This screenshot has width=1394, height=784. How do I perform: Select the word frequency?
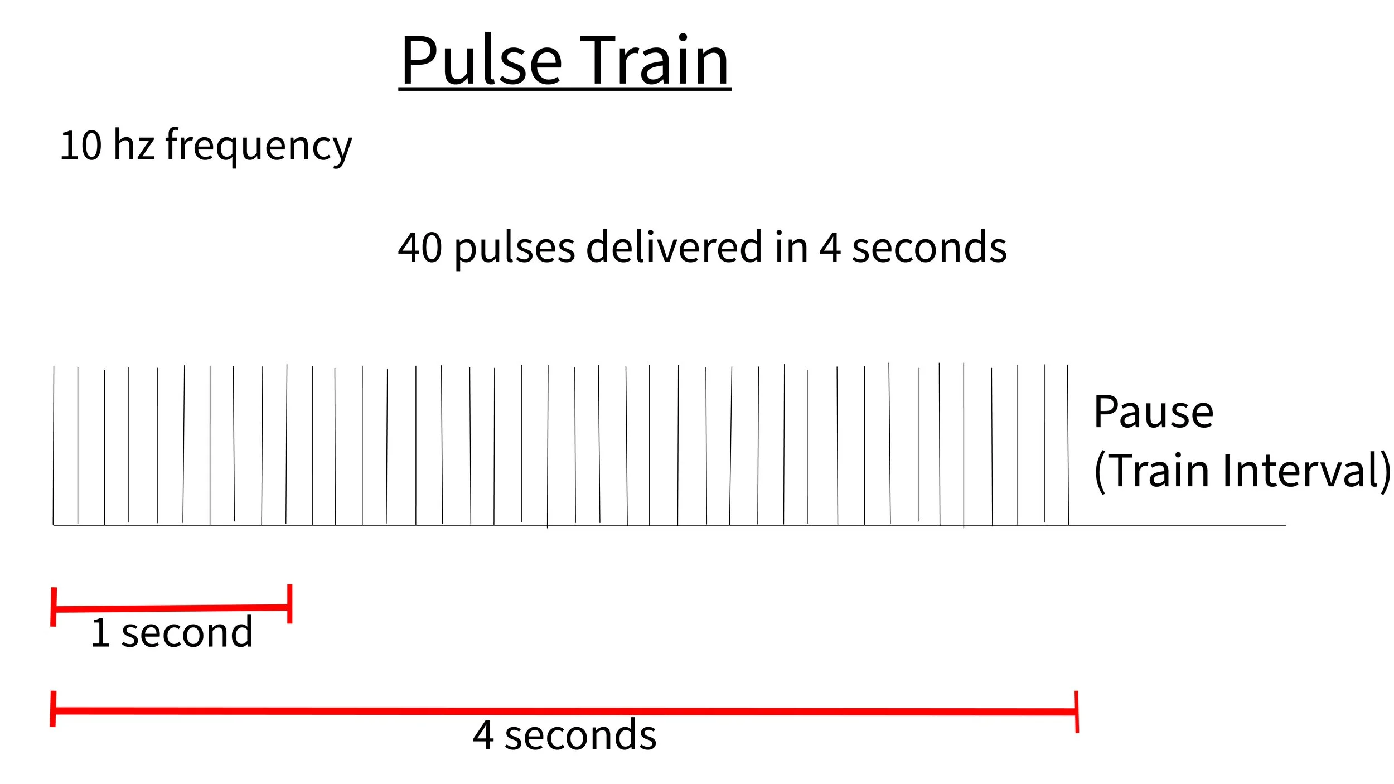pyautogui.click(x=259, y=146)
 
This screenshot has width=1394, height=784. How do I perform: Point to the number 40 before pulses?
pyautogui.click(x=420, y=248)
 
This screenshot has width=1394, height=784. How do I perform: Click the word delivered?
pyautogui.click(x=674, y=248)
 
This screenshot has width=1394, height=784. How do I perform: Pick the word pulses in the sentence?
pyautogui.click(x=514, y=249)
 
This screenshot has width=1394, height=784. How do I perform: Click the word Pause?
pyautogui.click(x=1154, y=413)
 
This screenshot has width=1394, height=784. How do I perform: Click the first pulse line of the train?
pyautogui.click(x=54, y=446)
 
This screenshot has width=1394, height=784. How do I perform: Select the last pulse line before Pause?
pyautogui.click(x=1068, y=446)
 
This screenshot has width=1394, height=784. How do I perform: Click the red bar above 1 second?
pyautogui.click(x=172, y=608)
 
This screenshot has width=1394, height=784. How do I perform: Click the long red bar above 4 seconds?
pyautogui.click(x=563, y=711)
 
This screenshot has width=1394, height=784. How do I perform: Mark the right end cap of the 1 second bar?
pyautogui.click(x=290, y=604)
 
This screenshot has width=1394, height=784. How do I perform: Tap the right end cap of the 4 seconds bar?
pyautogui.click(x=1076, y=712)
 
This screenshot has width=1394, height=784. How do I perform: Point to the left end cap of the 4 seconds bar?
pyautogui.click(x=53, y=709)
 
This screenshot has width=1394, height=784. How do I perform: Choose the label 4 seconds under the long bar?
pyautogui.click(x=564, y=735)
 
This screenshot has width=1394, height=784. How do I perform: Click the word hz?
pyautogui.click(x=134, y=146)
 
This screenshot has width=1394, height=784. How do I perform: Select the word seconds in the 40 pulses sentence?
pyautogui.click(x=929, y=248)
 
